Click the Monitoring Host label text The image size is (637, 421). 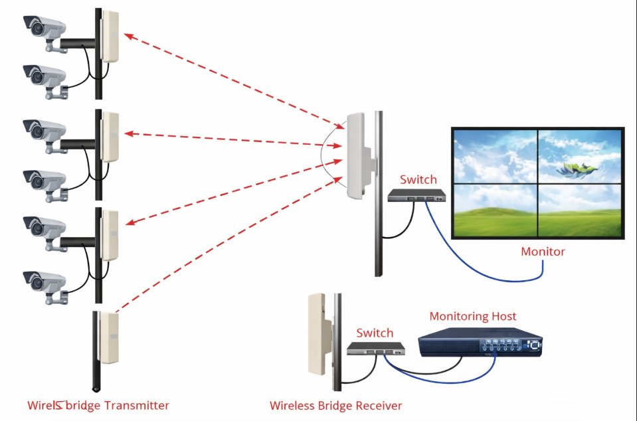tap(472, 317)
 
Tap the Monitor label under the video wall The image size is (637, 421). tap(543, 252)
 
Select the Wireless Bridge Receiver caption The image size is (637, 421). tap(335, 405)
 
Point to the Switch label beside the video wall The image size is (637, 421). tap(418, 179)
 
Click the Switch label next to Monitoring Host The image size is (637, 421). tap(375, 333)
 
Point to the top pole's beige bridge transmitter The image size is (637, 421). tap(110, 37)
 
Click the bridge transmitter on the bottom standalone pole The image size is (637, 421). tap(108, 336)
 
